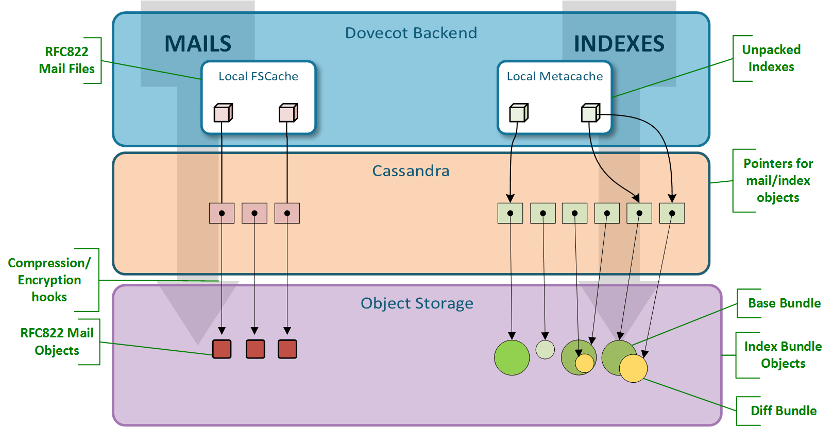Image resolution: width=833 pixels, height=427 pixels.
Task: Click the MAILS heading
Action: pyautogui.click(x=198, y=44)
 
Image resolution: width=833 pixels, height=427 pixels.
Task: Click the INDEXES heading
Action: pyautogui.click(x=619, y=44)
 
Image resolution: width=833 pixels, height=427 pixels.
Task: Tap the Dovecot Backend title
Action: pyautogui.click(x=411, y=33)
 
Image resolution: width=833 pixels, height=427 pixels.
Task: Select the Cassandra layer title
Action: pyautogui.click(x=411, y=171)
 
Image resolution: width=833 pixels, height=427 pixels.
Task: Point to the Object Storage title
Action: pyautogui.click(x=417, y=303)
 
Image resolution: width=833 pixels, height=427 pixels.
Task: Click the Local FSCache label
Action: pyautogui.click(x=258, y=76)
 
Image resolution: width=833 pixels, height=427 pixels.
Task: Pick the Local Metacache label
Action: pyautogui.click(x=554, y=76)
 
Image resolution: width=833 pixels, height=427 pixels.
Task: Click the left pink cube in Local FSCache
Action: pyautogui.click(x=223, y=113)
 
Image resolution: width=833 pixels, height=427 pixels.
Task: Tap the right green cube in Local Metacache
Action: pyautogui.click(x=590, y=113)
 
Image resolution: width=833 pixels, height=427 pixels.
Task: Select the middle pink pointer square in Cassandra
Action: pyautogui.click(x=254, y=213)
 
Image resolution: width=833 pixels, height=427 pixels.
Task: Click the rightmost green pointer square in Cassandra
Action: pyautogui.click(x=672, y=213)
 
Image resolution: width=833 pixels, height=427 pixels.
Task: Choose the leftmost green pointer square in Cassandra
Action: pyautogui.click(x=510, y=213)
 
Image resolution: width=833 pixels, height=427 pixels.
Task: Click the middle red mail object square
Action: pyautogui.click(x=256, y=349)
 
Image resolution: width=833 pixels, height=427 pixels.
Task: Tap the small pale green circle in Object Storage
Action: pyautogui.click(x=545, y=350)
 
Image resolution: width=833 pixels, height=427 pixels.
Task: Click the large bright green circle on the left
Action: pyautogui.click(x=512, y=357)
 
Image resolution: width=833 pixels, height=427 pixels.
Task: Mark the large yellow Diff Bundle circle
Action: pyautogui.click(x=634, y=369)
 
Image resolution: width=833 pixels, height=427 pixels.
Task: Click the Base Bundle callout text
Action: pyautogui.click(x=784, y=303)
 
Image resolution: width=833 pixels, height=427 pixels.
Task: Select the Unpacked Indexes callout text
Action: pyautogui.click(x=771, y=58)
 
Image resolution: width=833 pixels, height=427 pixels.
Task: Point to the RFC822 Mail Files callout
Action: pyautogui.click(x=67, y=60)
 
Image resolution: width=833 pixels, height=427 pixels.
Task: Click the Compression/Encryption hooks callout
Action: pyautogui.click(x=49, y=280)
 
